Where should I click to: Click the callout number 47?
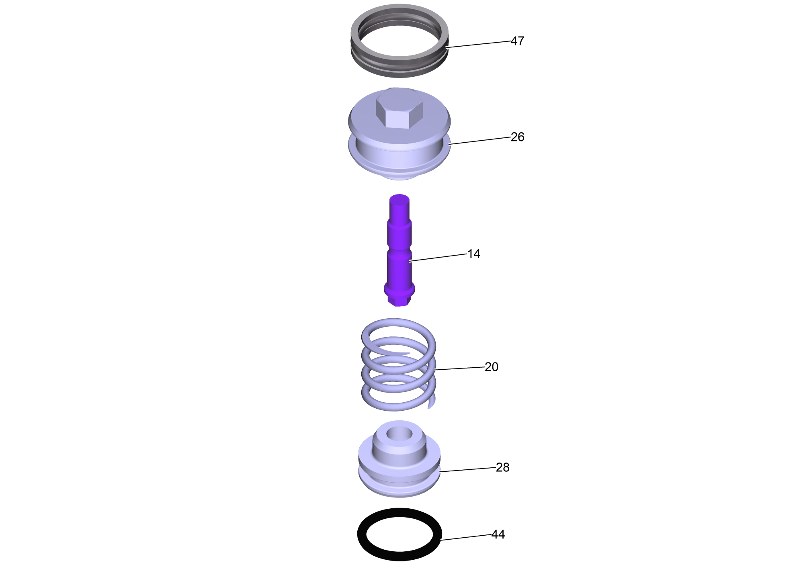point(517,41)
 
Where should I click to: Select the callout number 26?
point(517,137)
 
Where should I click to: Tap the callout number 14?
point(474,254)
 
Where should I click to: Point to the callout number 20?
point(492,367)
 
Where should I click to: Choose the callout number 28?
point(502,467)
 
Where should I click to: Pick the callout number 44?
point(498,534)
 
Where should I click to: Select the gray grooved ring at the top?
point(399,72)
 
